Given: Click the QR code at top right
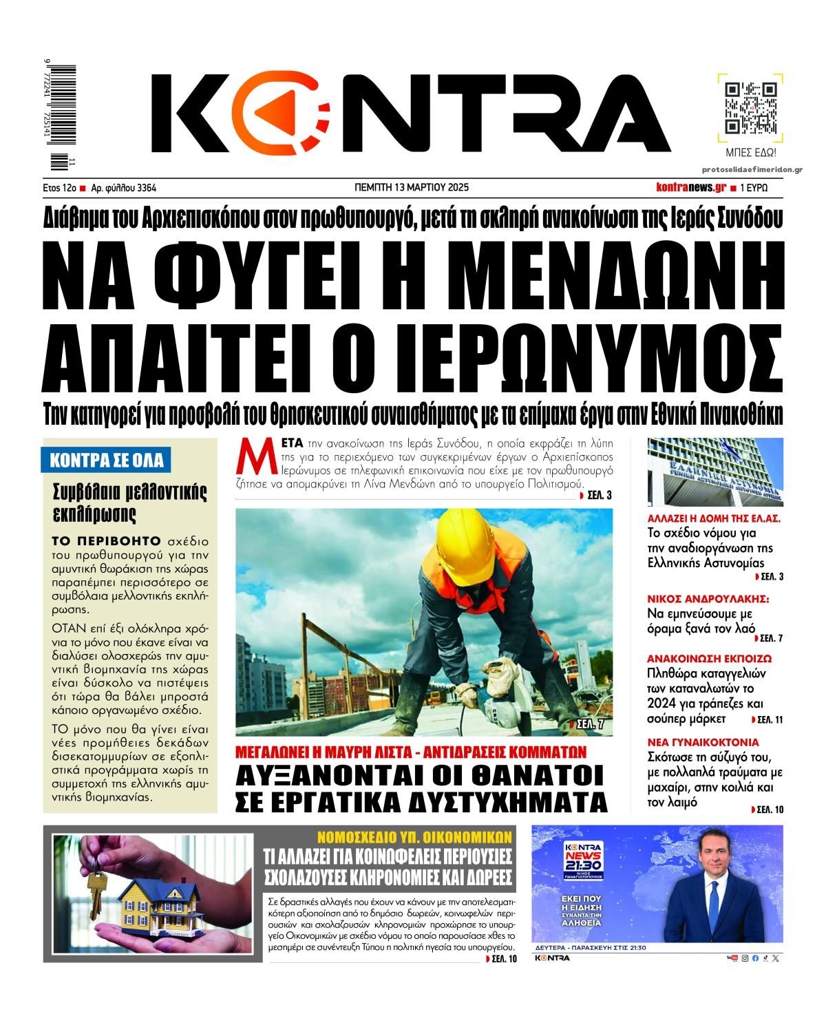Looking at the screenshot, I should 751,108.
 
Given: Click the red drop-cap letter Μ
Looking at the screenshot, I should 249,456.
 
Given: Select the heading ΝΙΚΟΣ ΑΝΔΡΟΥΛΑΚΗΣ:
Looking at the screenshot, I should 708,598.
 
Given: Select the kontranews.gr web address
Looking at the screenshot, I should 691,187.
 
